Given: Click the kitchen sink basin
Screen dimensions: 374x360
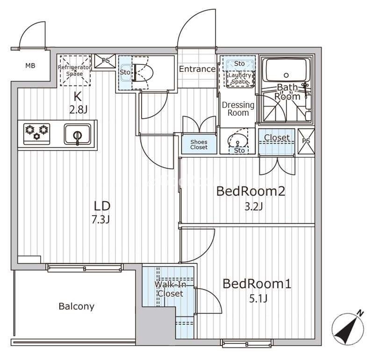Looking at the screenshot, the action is pyautogui.click(x=77, y=134).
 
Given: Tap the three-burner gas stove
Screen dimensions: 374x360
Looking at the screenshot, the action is pyautogui.click(x=37, y=134).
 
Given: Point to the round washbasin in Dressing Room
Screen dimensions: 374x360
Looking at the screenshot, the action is pyautogui.click(x=237, y=141).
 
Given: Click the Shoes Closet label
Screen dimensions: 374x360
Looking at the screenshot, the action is pyautogui.click(x=199, y=145).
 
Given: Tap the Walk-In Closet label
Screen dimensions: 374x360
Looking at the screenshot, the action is pyautogui.click(x=170, y=289).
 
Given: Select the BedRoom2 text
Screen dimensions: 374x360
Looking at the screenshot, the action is pyautogui.click(x=251, y=191).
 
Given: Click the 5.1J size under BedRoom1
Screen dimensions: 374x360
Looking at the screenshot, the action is pyautogui.click(x=258, y=298).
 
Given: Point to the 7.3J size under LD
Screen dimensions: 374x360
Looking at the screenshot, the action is pyautogui.click(x=101, y=219).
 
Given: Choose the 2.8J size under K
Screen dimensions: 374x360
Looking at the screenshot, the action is pyautogui.click(x=78, y=110).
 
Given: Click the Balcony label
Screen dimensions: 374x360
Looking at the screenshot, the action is pyautogui.click(x=77, y=306).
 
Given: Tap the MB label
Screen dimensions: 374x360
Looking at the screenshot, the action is pyautogui.click(x=30, y=65).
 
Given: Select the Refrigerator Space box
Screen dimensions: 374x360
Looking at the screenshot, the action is pyautogui.click(x=75, y=71).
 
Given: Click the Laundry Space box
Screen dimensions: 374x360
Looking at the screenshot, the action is pyautogui.click(x=240, y=79).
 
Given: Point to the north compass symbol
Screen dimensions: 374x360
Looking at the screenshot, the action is pyautogui.click(x=349, y=328).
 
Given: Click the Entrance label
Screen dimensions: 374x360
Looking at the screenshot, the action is pyautogui.click(x=197, y=69).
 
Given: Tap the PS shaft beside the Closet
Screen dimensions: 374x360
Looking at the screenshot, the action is pyautogui.click(x=306, y=141).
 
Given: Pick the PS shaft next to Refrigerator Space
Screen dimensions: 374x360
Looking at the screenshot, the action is pyautogui.click(x=105, y=61).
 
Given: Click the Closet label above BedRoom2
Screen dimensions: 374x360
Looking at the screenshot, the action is pyautogui.click(x=277, y=137).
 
